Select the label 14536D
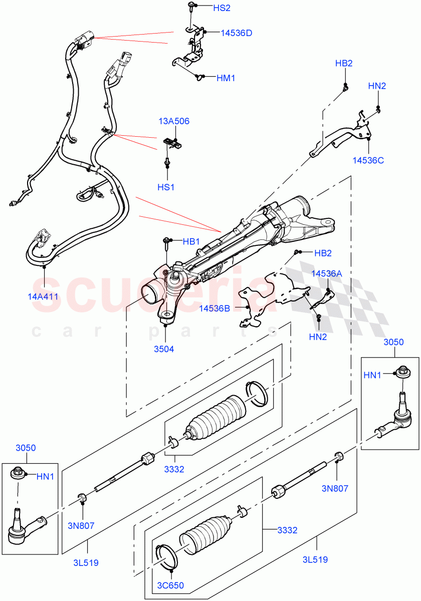tap(236, 33)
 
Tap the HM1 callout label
tap(226, 78)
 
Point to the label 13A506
tap(174, 121)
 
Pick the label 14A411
tap(43, 296)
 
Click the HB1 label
tap(191, 241)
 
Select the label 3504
tap(164, 349)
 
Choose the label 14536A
tap(327, 273)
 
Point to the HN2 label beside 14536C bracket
tap(377, 86)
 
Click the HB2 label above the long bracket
tap(344, 63)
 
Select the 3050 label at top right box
tap(393, 342)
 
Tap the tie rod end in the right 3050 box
tap(398, 418)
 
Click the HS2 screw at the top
tap(192, 6)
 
